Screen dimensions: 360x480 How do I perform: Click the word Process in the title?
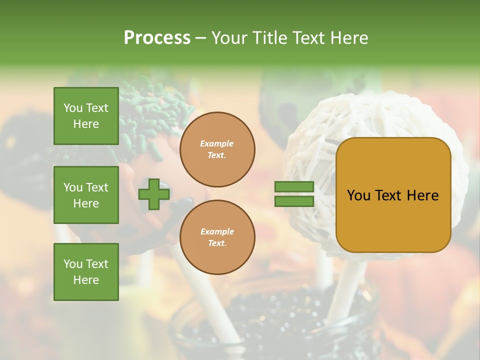tap(157, 38)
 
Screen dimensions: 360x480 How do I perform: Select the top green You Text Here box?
tap(86, 116)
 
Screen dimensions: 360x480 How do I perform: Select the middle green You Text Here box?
tap(86, 195)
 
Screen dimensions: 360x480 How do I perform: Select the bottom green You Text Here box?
tap(86, 272)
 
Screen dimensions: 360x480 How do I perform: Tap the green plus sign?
tap(154, 194)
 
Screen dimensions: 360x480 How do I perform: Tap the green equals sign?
tap(294, 194)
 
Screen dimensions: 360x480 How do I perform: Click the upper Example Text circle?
tap(217, 149)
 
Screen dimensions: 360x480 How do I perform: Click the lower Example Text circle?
tap(217, 237)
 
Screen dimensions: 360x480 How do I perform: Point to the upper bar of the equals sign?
tap(294, 187)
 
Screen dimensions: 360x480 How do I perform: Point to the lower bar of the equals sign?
tap(294, 201)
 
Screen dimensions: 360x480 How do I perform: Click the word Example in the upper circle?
tap(217, 143)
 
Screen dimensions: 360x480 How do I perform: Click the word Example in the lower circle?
tap(217, 231)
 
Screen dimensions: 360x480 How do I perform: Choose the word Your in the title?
tap(230, 38)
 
